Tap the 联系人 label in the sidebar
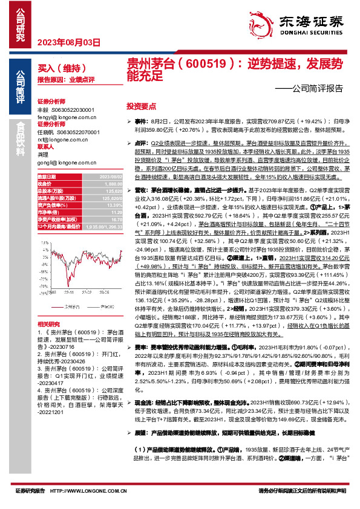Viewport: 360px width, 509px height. coord(47,146)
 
